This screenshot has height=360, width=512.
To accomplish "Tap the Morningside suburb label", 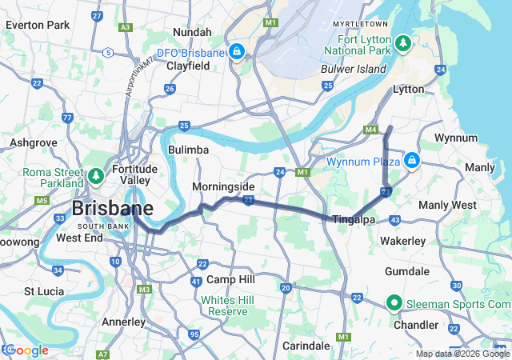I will point(223,186).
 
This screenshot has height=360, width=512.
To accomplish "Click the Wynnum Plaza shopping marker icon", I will point(412,160).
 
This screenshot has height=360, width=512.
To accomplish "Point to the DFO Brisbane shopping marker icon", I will point(236,53).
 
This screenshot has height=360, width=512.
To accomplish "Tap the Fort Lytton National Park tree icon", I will point(405,42).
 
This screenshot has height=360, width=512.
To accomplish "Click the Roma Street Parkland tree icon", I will point(96,174).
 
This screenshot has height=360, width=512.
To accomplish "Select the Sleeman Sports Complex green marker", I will point(394,303).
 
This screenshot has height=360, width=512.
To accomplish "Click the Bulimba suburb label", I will point(189,150).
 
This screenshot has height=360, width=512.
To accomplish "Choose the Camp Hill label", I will point(230,279).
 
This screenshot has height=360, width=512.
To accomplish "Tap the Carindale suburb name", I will point(306,346).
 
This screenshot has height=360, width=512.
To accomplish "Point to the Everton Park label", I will point(37,25).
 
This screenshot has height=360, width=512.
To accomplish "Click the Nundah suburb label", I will point(192,32).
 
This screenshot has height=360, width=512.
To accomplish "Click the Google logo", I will point(26,350).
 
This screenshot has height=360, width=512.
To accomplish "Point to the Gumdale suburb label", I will point(407,272).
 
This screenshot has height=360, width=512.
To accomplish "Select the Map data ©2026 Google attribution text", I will point(462,354).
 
